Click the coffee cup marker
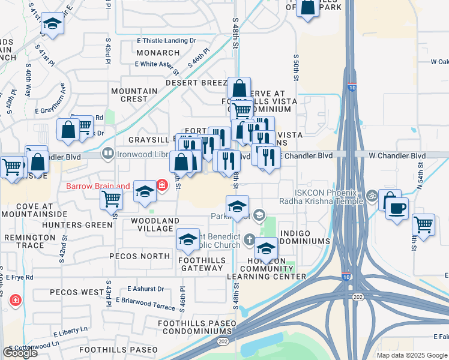click(396, 209)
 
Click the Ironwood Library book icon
click(108, 154)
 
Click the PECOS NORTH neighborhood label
click(140, 256)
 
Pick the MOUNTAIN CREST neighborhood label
click(134, 95)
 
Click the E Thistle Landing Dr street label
click(166, 41)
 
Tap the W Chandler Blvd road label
click(397, 156)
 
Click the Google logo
click(20, 353)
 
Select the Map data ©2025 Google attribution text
click(412, 355)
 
